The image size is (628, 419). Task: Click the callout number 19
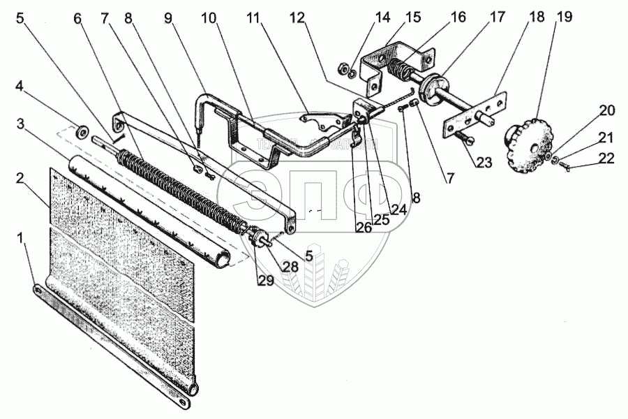(x=563, y=17)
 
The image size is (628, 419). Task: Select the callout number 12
(x=299, y=19)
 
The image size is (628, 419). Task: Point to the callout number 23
(x=484, y=163)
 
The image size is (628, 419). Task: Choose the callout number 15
(x=414, y=17)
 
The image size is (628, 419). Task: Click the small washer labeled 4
(x=82, y=131)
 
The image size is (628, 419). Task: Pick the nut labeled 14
(x=343, y=68)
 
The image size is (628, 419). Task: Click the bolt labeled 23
(x=458, y=140)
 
